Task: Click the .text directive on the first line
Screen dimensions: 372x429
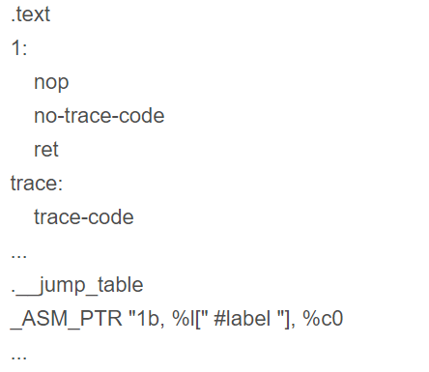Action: coord(30,14)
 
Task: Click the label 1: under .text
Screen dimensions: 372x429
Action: coord(18,48)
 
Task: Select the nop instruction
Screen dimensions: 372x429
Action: coord(51,82)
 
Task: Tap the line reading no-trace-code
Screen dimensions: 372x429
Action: coord(99,116)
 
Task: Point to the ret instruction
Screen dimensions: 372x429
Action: coord(45,150)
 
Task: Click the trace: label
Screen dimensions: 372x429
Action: coord(36,184)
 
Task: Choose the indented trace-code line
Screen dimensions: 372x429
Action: coord(83,217)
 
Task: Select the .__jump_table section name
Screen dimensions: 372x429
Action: coord(77,285)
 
